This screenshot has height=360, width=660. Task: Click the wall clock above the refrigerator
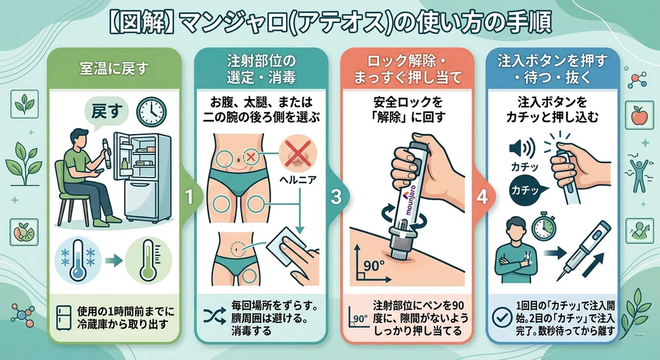(151, 112)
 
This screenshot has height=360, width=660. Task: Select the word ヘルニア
(298, 179)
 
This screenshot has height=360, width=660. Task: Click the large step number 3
(336, 197)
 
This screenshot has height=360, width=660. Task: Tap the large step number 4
(482, 197)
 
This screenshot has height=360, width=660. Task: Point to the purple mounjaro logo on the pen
(411, 201)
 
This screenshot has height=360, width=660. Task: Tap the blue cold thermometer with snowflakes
(78, 261)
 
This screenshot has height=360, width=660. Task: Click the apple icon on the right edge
(639, 115)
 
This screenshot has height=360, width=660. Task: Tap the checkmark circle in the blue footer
(502, 317)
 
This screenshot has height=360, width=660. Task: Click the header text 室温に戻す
(114, 69)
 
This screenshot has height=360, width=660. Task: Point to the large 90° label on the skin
(374, 266)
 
